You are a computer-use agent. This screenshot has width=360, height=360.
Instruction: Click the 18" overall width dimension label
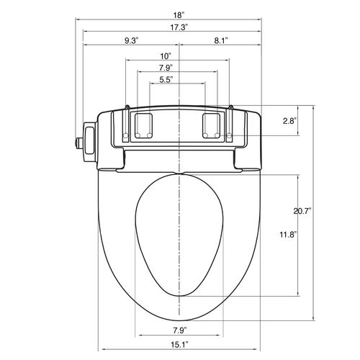tap(179, 15)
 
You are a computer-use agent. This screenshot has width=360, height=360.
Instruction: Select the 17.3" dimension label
tap(179, 27)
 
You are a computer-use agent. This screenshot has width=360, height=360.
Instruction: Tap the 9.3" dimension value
tap(132, 40)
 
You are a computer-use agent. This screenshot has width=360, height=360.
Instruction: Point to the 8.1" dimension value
tap(221, 40)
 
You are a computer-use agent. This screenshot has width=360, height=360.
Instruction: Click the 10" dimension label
tap(166, 56)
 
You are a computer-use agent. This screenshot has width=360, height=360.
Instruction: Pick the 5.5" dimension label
tap(166, 79)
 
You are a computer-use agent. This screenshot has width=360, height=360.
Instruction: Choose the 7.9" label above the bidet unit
tap(166, 68)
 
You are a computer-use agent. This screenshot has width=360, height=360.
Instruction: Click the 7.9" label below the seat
tap(180, 330)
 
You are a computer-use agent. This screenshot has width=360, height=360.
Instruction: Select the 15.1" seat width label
tap(179, 345)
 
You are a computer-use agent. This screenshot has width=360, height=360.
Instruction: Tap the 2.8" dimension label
tap(289, 121)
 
